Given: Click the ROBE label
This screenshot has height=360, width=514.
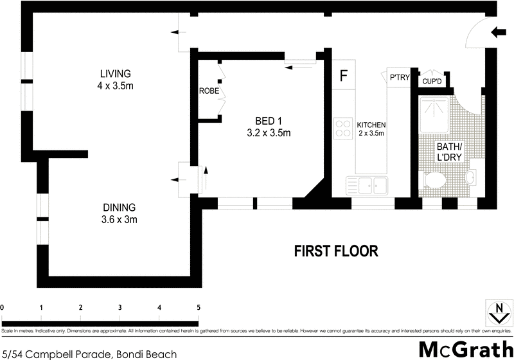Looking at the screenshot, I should tap(209, 91).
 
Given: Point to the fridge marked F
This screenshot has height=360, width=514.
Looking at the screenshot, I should tap(344, 75).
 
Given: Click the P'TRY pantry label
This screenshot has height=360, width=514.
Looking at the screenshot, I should tap(400, 77).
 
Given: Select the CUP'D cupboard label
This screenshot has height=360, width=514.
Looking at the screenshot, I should tap(432, 81).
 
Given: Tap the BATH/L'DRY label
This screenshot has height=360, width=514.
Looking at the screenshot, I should tap(450, 150).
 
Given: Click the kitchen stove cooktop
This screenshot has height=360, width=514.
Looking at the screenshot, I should tap(341, 129).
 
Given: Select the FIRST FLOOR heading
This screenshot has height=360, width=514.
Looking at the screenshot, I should tap(336, 251).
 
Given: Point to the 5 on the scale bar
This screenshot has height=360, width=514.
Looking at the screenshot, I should tap(198, 307).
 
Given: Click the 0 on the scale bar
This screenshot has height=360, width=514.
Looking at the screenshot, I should tap(3, 307).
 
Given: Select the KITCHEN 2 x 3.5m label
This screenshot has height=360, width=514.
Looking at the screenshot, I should tap(371, 129).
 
